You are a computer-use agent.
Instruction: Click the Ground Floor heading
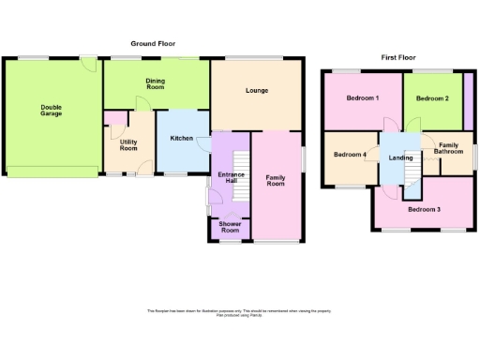[153, 43]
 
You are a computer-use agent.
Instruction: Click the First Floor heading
[397, 57]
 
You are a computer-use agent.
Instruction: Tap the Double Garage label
[51, 110]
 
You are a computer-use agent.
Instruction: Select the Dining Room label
[155, 84]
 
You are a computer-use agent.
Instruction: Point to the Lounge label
[257, 91]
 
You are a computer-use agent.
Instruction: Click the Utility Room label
[128, 145]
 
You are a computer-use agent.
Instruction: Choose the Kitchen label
[181, 139]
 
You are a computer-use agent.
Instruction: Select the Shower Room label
[230, 227]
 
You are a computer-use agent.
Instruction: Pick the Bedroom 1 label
[362, 98]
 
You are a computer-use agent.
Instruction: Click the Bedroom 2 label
[432, 98]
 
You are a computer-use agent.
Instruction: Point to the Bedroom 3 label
[424, 209]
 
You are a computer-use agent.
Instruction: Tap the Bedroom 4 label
[349, 155]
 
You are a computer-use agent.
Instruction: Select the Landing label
[400, 157]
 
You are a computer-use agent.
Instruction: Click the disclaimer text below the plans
[239, 313]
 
